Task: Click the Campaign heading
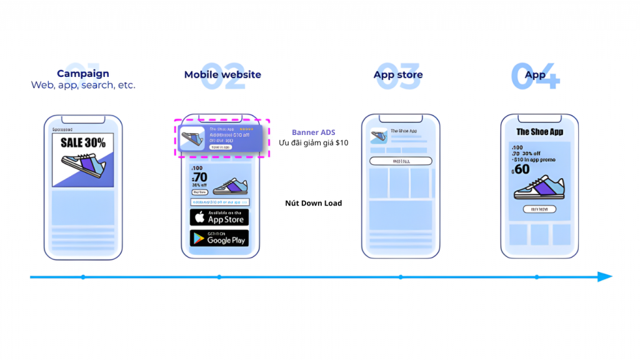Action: [x=83, y=74]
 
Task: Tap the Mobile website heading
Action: [x=222, y=74]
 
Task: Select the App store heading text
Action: [x=398, y=74]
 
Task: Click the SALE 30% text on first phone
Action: [x=83, y=142]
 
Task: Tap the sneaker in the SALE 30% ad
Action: [x=84, y=166]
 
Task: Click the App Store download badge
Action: [x=219, y=217]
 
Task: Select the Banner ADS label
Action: [x=313, y=132]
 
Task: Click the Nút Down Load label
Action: [x=313, y=203]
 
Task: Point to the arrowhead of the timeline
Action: [x=605, y=277]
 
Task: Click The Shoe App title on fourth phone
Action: [x=539, y=132]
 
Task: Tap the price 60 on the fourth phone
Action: [x=521, y=169]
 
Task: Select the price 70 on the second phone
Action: [x=199, y=177]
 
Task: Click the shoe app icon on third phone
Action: [x=377, y=136]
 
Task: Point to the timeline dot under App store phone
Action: [x=401, y=277]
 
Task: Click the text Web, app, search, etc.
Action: [x=83, y=85]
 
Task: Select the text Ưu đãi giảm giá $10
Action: [x=313, y=143]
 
